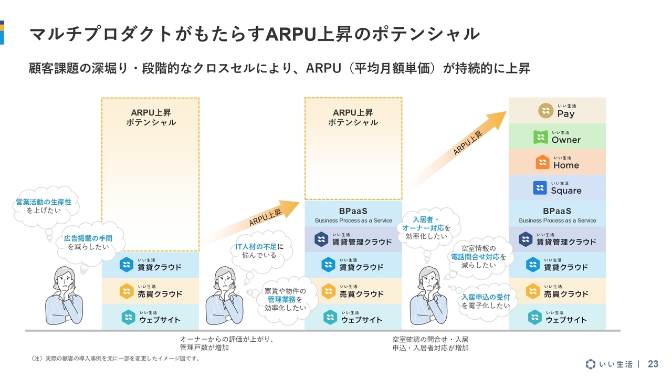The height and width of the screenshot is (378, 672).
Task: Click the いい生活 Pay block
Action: click(557, 110)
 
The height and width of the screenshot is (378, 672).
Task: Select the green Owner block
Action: click(557, 136)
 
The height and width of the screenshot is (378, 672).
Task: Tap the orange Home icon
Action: click(543, 162)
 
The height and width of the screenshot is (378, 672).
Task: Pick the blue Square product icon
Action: click(540, 187)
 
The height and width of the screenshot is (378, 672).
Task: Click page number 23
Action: click(653, 364)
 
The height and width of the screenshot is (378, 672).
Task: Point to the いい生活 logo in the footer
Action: click(609, 364)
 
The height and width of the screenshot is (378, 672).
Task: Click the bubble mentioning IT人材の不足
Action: click(259, 250)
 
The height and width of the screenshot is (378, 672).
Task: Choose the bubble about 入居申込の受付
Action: click(486, 301)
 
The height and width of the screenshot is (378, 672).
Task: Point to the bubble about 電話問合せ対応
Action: click(478, 257)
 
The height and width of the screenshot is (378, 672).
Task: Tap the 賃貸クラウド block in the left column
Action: click(151, 265)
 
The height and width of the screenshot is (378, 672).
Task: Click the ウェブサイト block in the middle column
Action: click(353, 317)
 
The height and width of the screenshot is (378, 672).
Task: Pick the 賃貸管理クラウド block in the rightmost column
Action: click(557, 239)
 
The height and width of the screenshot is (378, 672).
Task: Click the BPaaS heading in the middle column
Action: click(353, 212)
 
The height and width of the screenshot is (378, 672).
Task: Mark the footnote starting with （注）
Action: click(115, 359)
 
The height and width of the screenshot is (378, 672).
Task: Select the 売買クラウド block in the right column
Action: click(557, 291)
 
